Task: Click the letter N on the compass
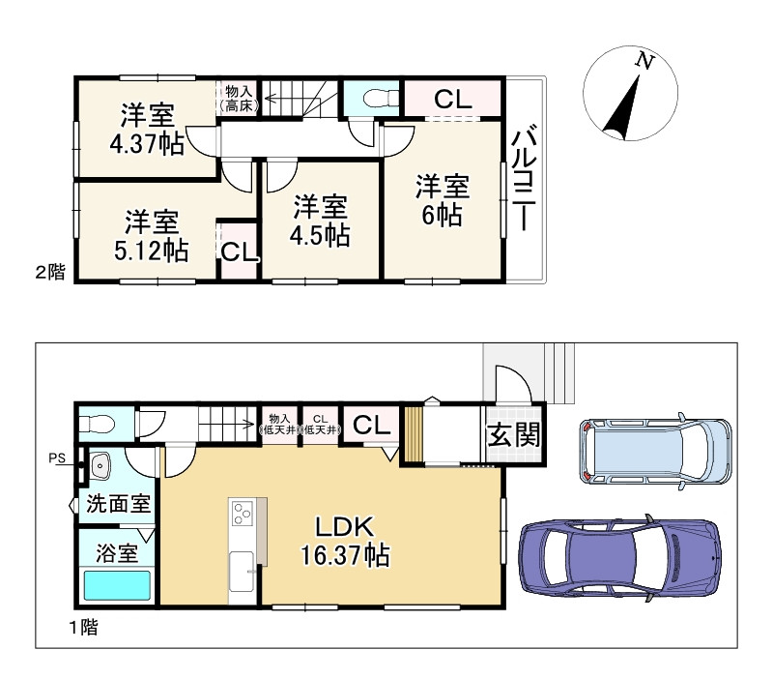pyautogui.click(x=644, y=61)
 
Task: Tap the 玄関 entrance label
pyautogui.click(x=514, y=434)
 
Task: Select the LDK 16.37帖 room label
pyautogui.click(x=346, y=542)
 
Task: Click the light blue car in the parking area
pyautogui.click(x=655, y=451)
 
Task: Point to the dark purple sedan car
pyautogui.click(x=620, y=557)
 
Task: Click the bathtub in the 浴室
pyautogui.click(x=117, y=586)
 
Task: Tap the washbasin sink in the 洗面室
pyautogui.click(x=100, y=466)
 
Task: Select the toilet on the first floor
pyautogui.click(x=98, y=424)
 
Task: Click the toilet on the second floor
pyautogui.click(x=381, y=98)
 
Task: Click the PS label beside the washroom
pyautogui.click(x=57, y=458)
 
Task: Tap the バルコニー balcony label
pyautogui.click(x=523, y=179)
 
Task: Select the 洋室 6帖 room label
pyautogui.click(x=443, y=200)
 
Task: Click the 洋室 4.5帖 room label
pyautogui.click(x=321, y=221)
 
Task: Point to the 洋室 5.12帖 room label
pyautogui.click(x=152, y=236)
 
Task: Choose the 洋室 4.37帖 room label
pyautogui.click(x=147, y=130)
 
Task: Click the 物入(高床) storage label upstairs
pyautogui.click(x=239, y=98)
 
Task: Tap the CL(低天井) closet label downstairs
pyautogui.click(x=321, y=425)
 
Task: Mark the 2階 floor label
pyautogui.click(x=50, y=272)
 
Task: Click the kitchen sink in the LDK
pyautogui.click(x=243, y=571)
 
